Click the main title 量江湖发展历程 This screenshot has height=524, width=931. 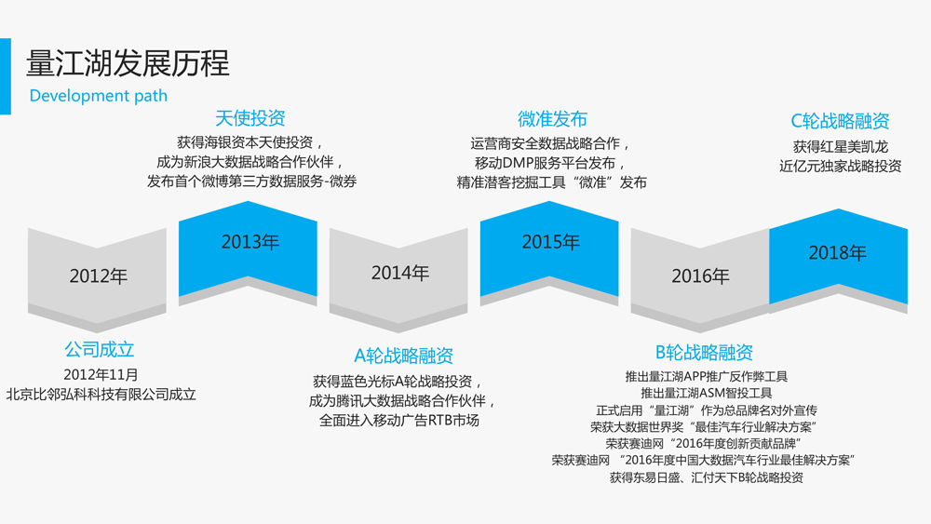128,63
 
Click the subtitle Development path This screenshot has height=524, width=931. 98,96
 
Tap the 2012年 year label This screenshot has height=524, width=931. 99,275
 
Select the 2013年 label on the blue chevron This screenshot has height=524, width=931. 250,242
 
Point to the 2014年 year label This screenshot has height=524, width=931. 400,273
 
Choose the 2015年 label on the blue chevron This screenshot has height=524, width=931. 551,242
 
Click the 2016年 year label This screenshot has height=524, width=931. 701,275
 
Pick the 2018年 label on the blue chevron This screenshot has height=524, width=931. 838,253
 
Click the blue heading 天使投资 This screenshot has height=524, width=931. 250,118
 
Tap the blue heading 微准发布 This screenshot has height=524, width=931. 552,119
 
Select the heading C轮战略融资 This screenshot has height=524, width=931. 840,121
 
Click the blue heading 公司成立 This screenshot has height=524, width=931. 100,350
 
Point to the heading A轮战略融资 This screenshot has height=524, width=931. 404,356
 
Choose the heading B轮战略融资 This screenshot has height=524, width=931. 704,353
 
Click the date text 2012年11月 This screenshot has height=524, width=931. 101,375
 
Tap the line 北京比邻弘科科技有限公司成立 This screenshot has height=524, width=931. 101,395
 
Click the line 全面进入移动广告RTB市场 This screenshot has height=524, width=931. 399,421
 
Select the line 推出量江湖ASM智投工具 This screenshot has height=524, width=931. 707,393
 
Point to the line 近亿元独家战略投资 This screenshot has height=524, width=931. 840,167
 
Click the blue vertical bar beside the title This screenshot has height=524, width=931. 6,76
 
